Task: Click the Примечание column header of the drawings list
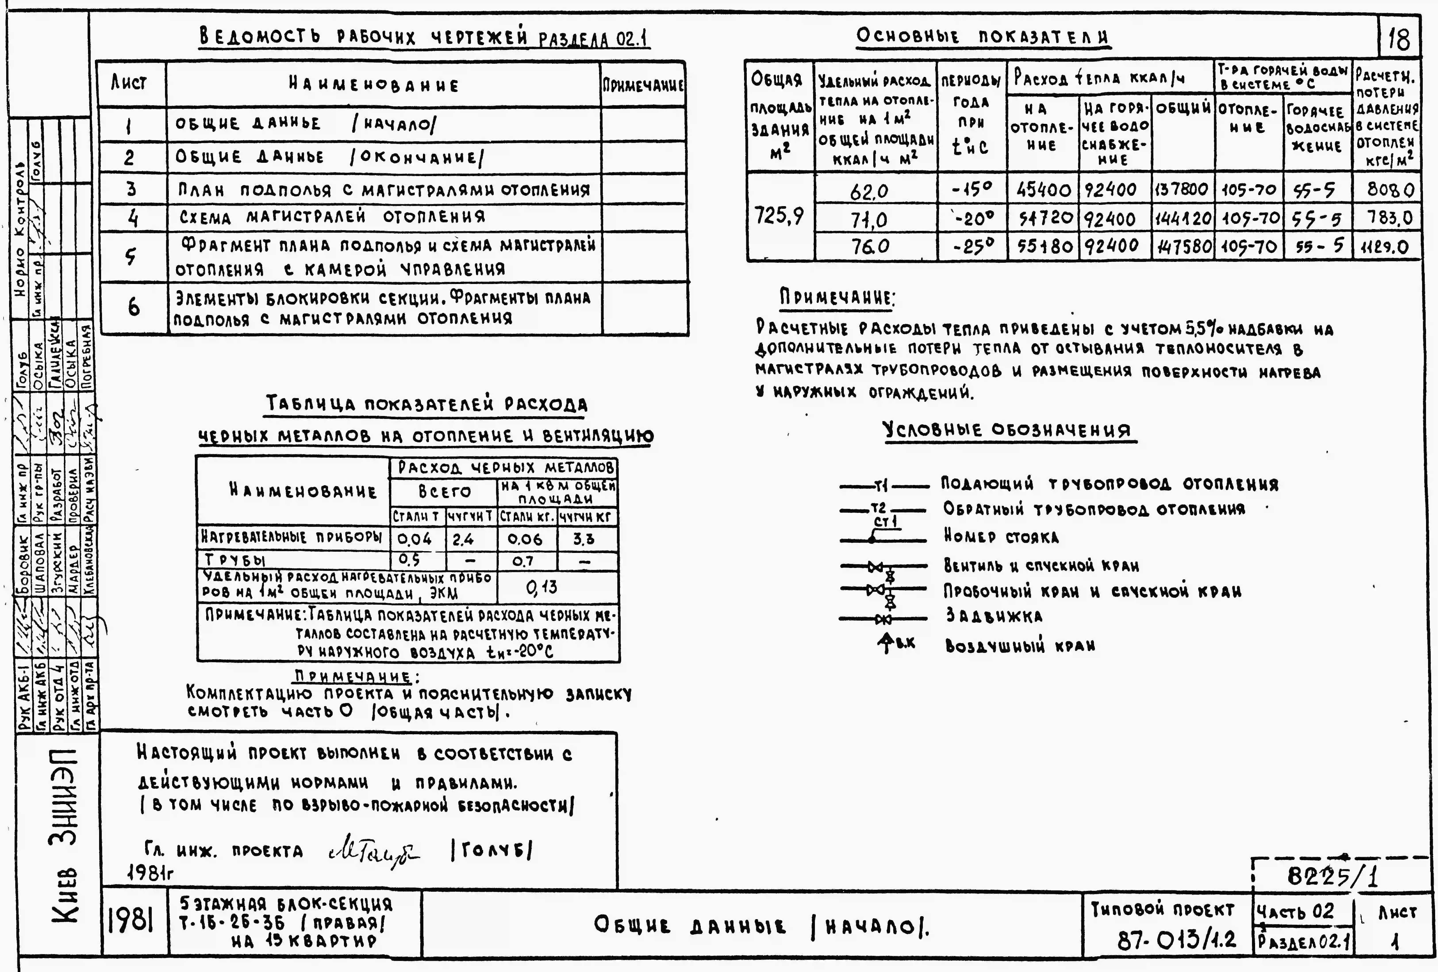(x=643, y=84)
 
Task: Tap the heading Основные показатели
(x=983, y=37)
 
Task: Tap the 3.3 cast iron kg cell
(x=584, y=539)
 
